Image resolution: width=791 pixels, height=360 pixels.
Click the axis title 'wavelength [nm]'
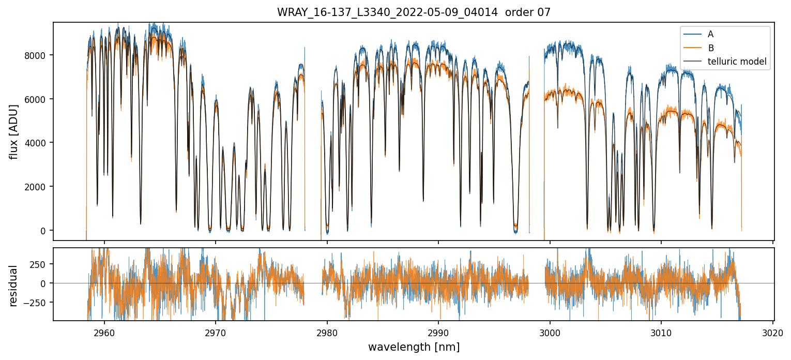tap(414, 347)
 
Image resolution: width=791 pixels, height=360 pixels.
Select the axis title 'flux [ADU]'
tap(14, 131)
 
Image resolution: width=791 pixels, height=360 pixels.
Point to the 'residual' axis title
tap(14, 286)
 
